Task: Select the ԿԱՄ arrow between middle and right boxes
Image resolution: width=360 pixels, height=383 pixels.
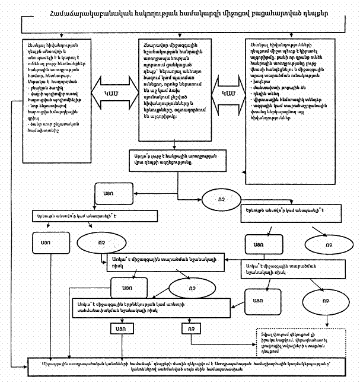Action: [x=228, y=94]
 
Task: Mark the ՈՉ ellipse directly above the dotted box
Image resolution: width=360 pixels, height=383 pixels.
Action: [x=325, y=301]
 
